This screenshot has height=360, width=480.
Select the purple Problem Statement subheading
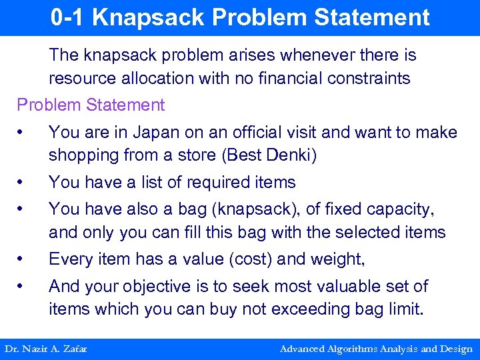click(x=91, y=105)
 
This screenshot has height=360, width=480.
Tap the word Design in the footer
click(x=456, y=349)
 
